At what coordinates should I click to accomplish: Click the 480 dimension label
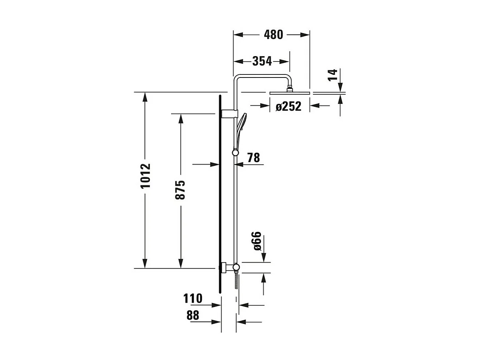tap(274, 35)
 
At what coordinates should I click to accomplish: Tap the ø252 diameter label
tap(288, 106)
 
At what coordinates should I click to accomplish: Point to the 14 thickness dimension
tap(333, 75)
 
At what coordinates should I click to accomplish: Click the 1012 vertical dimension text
tap(145, 176)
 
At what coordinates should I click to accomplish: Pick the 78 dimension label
tap(253, 158)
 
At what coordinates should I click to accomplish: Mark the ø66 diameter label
tap(257, 241)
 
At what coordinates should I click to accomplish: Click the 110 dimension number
tap(193, 298)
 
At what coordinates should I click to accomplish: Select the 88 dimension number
tap(193, 315)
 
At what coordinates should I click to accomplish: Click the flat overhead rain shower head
tap(290, 93)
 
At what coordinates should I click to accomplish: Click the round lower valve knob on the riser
tap(236, 267)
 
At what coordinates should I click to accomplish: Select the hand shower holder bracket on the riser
tap(229, 114)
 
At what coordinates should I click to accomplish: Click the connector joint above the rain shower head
tap(290, 89)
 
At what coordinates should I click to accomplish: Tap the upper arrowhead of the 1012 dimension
tap(145, 97)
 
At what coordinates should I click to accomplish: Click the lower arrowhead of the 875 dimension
tap(181, 263)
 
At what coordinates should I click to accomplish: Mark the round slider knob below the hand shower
tap(235, 153)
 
